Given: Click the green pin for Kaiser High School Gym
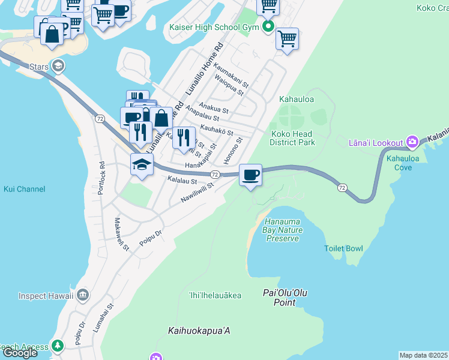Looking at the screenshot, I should tap(268, 28).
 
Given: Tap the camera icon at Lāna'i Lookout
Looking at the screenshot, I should tap(412, 142).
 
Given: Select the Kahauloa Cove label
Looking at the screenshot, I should tap(403, 163).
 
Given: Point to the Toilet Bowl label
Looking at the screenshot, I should tap(343, 248).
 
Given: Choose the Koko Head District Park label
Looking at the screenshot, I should tap(293, 138).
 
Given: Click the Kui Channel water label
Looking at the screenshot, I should tap(24, 189).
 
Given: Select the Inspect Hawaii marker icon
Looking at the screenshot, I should tap(83, 295).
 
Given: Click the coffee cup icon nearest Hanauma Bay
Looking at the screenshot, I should tap(250, 175).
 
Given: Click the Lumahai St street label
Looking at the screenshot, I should tap(110, 317).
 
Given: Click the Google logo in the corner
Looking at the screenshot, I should tap(20, 353).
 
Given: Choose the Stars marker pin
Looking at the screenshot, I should tap(58, 65).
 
